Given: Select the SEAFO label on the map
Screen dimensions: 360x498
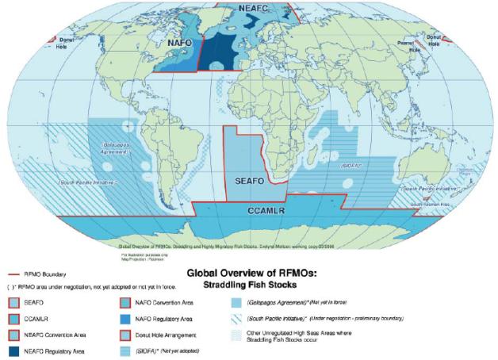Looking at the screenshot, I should pos(255,182).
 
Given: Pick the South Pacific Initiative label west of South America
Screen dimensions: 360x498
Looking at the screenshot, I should pos(95,181).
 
